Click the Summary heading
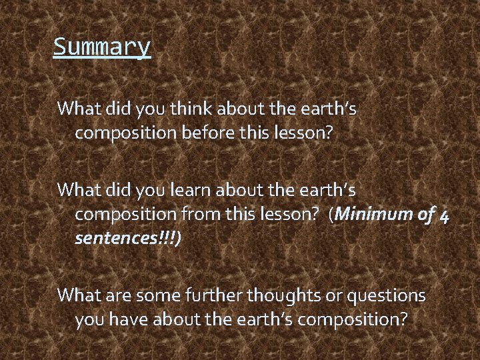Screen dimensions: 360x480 (102, 47)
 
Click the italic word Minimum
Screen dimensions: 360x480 (377, 214)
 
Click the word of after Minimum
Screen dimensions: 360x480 (425, 214)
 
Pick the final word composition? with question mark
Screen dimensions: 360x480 (353, 320)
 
